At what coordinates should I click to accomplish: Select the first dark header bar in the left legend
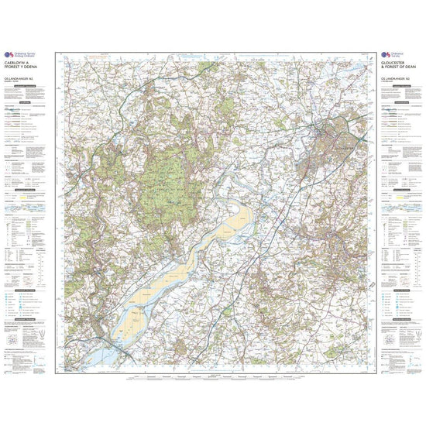pyautogui.click(x=27, y=102)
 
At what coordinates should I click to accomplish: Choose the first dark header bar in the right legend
pyautogui.click(x=400, y=102)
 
